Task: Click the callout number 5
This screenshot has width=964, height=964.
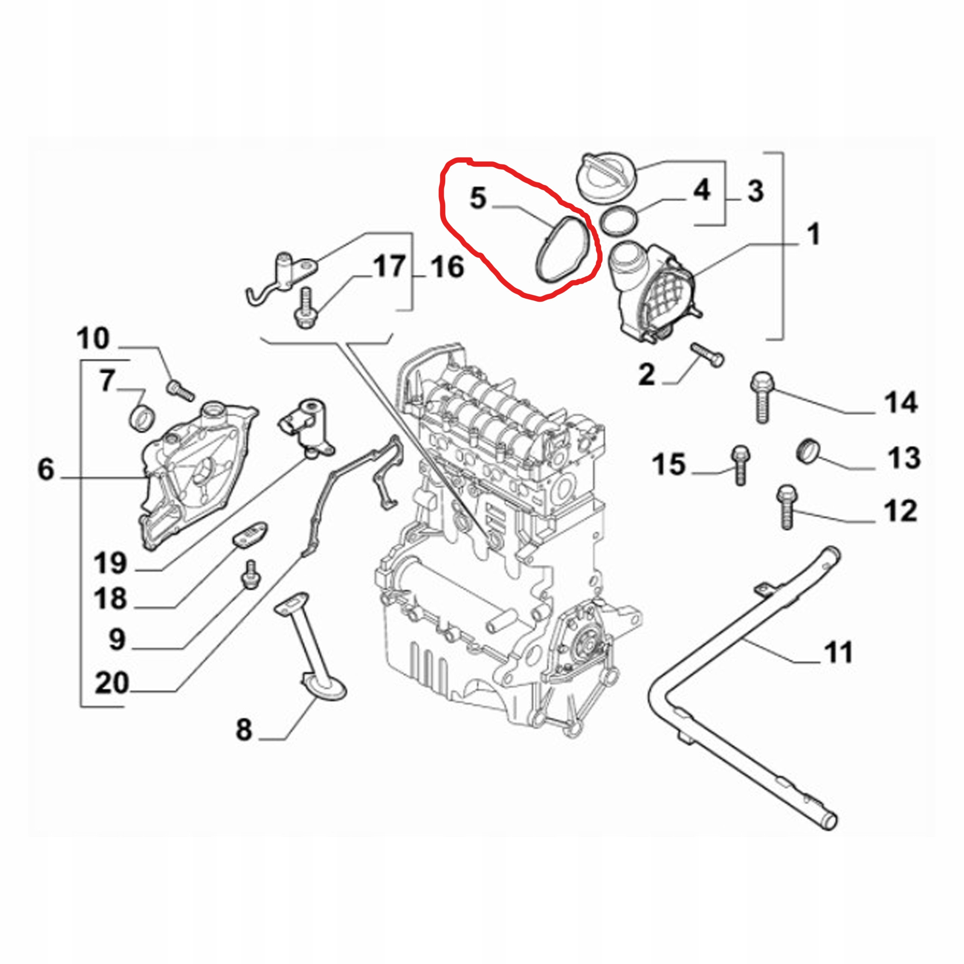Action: [x=477, y=198]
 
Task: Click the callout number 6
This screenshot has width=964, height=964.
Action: [x=46, y=470]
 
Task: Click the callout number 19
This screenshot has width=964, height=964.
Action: [x=111, y=563]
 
